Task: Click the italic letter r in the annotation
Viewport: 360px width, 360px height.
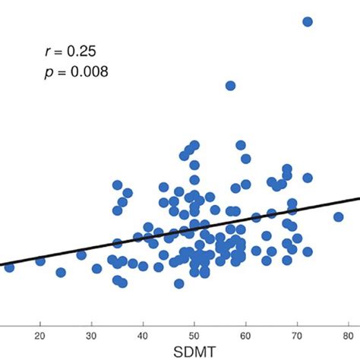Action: (x=48, y=52)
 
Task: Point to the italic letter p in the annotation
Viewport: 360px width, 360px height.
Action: (x=48, y=73)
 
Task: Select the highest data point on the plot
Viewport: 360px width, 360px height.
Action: (x=308, y=22)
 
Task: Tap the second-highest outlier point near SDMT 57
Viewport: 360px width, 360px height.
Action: (x=230, y=86)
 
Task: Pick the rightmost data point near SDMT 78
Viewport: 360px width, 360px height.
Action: (x=338, y=217)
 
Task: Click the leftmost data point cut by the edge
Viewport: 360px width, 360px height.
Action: (x=9, y=267)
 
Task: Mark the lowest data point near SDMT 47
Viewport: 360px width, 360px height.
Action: (x=178, y=283)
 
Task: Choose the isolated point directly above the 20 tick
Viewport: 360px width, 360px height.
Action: (x=40, y=261)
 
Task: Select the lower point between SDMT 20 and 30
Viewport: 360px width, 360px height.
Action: (x=61, y=272)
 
